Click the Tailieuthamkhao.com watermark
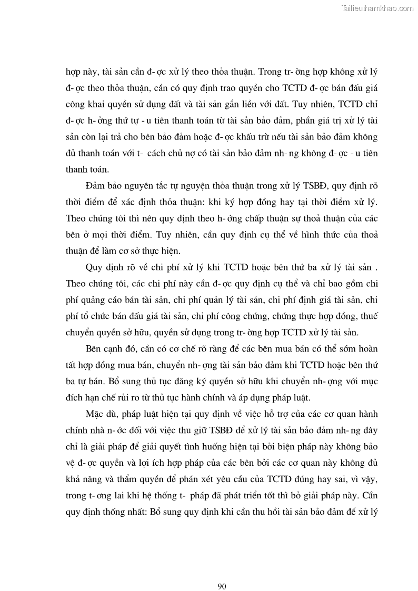point(378,8)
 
